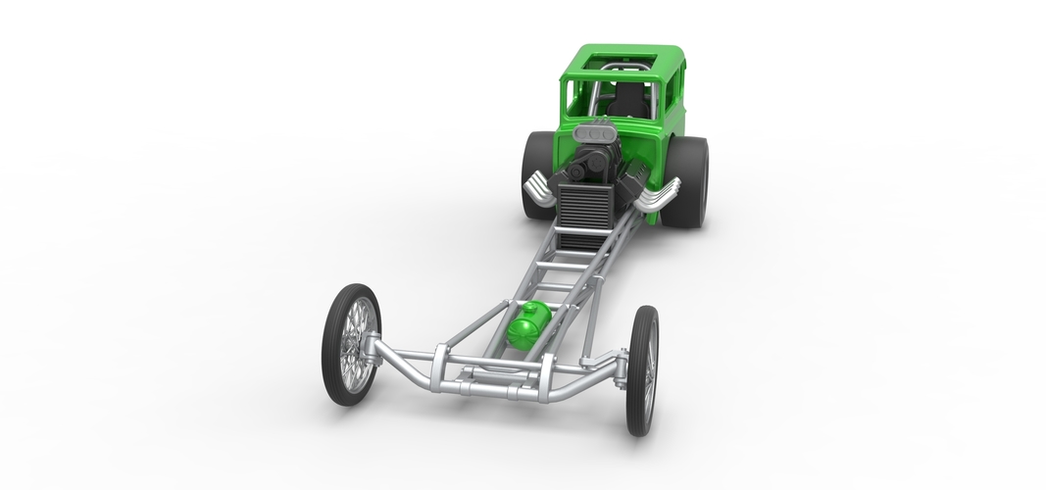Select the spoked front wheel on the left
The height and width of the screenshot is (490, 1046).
pyautogui.click(x=351, y=343)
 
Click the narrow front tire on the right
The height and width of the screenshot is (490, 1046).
pyautogui.click(x=643, y=369)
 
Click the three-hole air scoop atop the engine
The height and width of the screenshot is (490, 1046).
pyautogui.click(x=594, y=130)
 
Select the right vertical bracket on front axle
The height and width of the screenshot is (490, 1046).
pyautogui.click(x=545, y=375)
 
